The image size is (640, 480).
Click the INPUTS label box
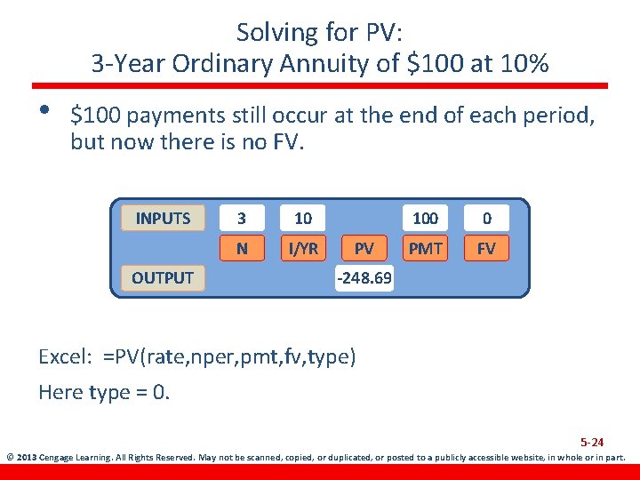(163, 218)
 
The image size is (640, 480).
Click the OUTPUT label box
(163, 277)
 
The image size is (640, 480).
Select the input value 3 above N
(242, 218)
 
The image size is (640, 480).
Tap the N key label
(242, 248)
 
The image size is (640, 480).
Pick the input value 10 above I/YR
(303, 218)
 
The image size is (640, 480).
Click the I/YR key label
(303, 248)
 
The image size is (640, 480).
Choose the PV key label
(364, 248)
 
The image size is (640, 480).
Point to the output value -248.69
(364, 278)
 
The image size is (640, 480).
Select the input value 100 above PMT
(425, 218)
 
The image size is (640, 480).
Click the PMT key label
(425, 248)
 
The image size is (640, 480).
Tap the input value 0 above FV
(486, 218)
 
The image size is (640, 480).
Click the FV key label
(486, 248)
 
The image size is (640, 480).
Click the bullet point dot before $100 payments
(40, 110)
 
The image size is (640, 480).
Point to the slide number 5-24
(592, 442)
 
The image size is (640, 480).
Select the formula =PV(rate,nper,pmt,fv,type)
(229, 357)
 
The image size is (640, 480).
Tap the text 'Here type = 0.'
(103, 392)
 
